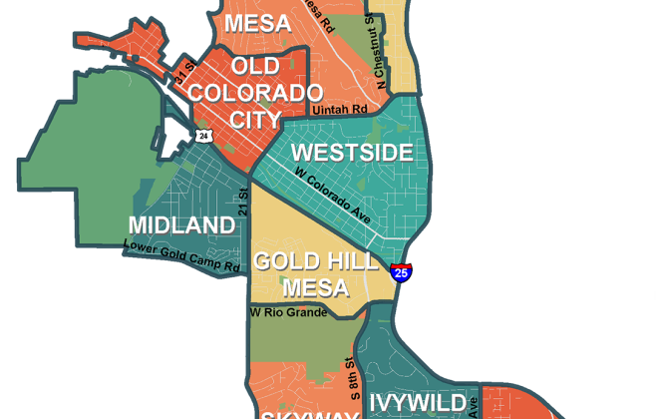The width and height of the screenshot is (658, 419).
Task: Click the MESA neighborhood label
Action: pyautogui.click(x=257, y=23)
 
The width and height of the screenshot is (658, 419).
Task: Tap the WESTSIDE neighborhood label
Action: pyautogui.click(x=352, y=154)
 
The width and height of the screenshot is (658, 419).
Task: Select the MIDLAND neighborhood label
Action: pyautogui.click(x=182, y=224)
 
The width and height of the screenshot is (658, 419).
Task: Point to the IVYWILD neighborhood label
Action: pyautogui.click(x=418, y=403)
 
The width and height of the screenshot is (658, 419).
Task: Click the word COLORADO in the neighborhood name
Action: pyautogui.click(x=250, y=93)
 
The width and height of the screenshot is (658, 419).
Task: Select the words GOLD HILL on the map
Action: pyautogui.click(x=315, y=262)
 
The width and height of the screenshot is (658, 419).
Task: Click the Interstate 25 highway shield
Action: pyautogui.click(x=401, y=271)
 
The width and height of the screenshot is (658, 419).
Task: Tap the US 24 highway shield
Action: pyautogui.click(x=203, y=135)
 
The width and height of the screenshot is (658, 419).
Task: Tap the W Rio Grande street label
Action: pyautogui.click(x=288, y=312)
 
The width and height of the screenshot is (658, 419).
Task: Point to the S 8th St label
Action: pyautogui.click(x=350, y=373)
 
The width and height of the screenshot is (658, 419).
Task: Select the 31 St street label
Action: pyautogui.click(x=181, y=71)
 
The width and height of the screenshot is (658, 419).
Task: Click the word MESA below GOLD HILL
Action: pyautogui.click(x=315, y=288)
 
